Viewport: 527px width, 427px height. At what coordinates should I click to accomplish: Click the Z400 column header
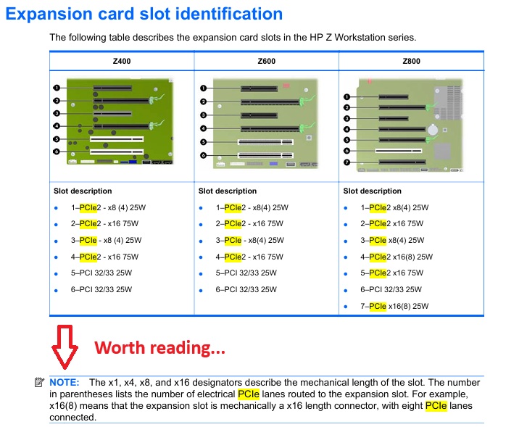point(122,61)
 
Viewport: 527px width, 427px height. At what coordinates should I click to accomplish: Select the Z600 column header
point(267,61)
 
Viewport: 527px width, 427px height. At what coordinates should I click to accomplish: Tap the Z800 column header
point(412,61)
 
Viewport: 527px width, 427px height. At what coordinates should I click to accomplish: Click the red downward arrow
point(65,347)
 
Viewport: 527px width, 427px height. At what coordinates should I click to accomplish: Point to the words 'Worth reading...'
point(159,348)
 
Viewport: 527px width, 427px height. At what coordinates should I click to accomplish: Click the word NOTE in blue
point(65,383)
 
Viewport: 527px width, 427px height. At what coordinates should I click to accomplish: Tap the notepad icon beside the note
point(39,382)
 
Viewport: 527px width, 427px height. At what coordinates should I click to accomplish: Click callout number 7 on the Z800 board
point(347,162)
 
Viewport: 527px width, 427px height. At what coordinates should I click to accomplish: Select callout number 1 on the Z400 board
point(57,88)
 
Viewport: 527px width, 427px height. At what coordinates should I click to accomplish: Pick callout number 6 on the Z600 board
point(203,155)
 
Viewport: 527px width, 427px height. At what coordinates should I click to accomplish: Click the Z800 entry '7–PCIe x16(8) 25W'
point(394,307)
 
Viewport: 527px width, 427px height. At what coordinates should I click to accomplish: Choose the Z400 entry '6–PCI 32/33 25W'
point(101,289)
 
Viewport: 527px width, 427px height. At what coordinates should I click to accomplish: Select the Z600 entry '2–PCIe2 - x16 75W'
point(249,223)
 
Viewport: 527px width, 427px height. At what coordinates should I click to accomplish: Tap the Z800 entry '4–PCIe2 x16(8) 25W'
point(397,257)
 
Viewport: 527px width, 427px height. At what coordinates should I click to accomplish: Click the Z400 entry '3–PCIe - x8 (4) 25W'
point(106,241)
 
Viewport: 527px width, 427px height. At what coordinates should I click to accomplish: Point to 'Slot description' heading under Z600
point(228,191)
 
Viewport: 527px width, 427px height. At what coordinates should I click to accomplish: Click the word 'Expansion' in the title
point(49,14)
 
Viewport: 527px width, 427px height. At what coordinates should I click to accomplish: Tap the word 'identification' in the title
point(229,14)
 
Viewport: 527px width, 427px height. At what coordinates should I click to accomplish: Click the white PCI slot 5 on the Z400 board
point(117,139)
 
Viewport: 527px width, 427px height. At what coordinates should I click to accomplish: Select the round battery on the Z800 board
point(433,130)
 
